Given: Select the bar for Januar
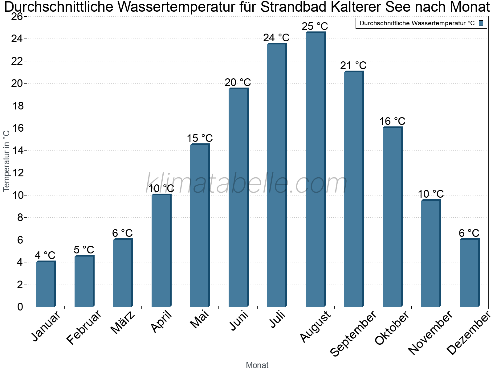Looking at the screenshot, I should coord(46,284).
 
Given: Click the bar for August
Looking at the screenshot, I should coord(315,170).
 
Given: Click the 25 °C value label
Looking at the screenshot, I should coord(315,26).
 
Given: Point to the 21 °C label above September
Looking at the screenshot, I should coord(353,65).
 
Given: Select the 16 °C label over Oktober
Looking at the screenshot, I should coord(392,121).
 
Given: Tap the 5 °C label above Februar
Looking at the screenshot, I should coord(84,250).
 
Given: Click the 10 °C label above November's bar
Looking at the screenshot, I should coord(431,194).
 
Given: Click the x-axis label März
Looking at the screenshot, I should coord(123,323).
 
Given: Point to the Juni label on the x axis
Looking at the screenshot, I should coord(239,321).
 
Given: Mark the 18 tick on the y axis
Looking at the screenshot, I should coord(18,106).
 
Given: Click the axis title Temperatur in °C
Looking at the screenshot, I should coord(6,161).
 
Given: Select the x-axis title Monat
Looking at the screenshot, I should coord(257,365).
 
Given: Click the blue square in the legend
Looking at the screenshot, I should coord(481,23).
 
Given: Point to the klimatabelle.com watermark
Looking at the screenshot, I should coord(246,184).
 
